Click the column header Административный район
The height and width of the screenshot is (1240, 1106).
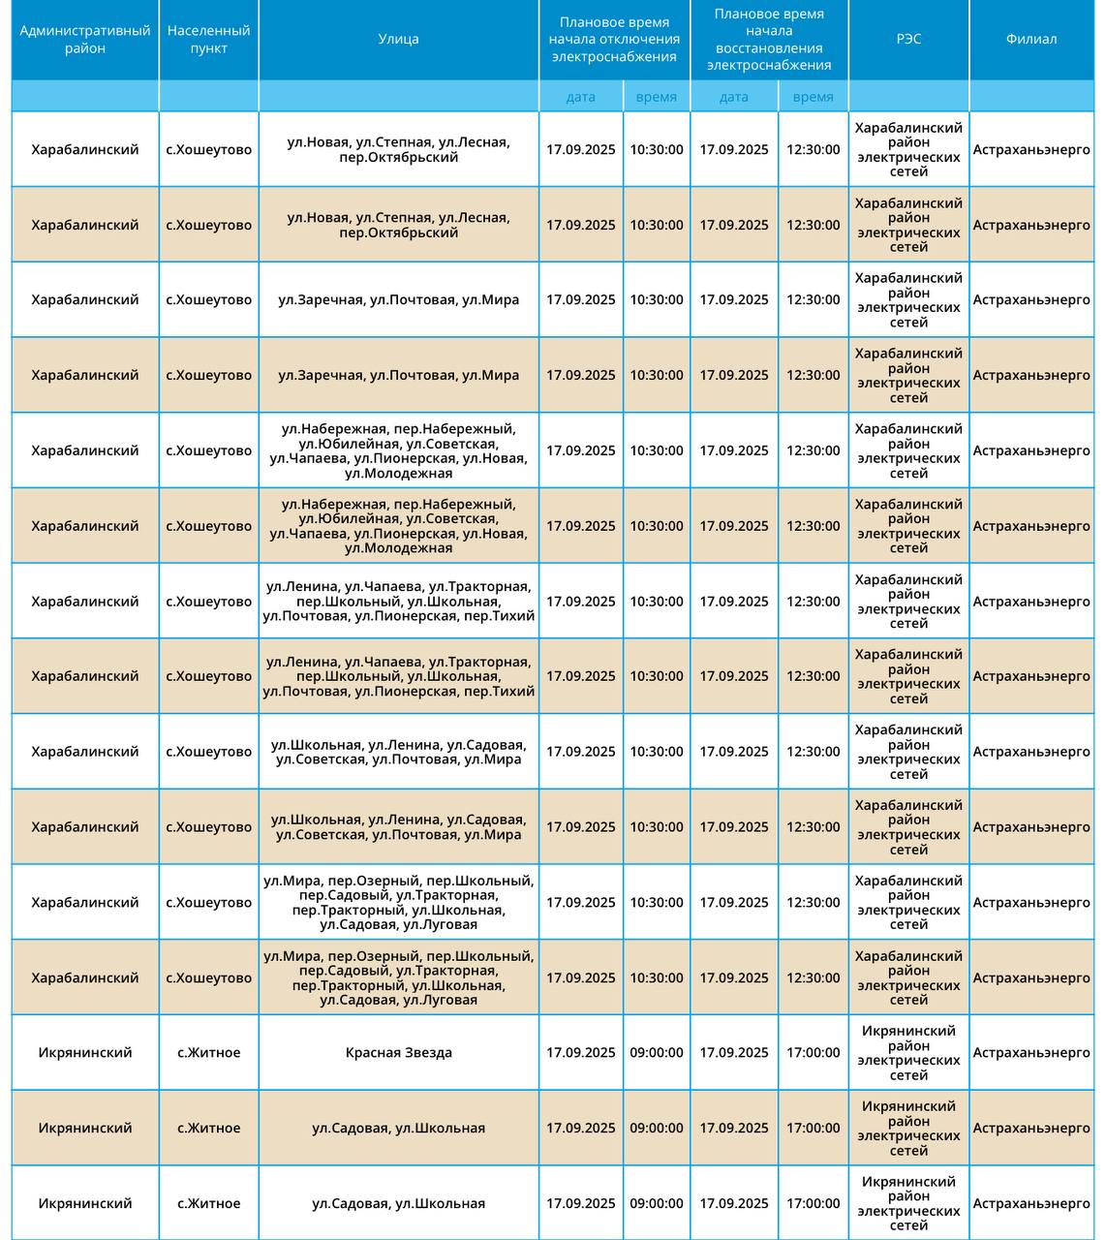pyautogui.click(x=85, y=40)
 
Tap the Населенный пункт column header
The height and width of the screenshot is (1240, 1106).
pyautogui.click(x=208, y=40)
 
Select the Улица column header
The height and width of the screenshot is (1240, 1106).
pyautogui.click(x=398, y=40)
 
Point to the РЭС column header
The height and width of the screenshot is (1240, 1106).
pyautogui.click(x=908, y=40)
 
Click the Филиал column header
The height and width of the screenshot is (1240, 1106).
pyautogui.click(x=1030, y=40)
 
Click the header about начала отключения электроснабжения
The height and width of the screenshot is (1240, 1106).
pyautogui.click(x=614, y=40)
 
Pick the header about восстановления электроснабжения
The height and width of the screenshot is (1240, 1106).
pyautogui.click(x=769, y=40)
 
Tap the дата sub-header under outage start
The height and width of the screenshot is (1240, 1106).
pyautogui.click(x=580, y=97)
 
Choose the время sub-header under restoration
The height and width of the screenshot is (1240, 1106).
pyautogui.click(x=813, y=97)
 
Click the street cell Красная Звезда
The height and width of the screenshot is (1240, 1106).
pyautogui.click(x=398, y=1053)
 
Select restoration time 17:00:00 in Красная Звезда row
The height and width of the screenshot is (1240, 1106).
pyautogui.click(x=813, y=1053)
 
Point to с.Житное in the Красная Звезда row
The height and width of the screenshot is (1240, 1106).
pyautogui.click(x=208, y=1053)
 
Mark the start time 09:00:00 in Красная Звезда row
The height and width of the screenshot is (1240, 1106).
pyautogui.click(x=656, y=1053)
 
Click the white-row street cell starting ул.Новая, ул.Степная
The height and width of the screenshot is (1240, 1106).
pyautogui.click(x=398, y=149)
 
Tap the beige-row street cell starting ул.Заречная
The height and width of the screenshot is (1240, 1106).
pyautogui.click(x=398, y=375)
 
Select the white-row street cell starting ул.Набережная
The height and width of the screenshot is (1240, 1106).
pyautogui.click(x=398, y=450)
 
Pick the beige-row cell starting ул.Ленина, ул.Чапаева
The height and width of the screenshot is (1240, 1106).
pyautogui.click(x=398, y=676)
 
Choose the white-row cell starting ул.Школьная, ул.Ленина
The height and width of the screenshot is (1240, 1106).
pyautogui.click(x=398, y=752)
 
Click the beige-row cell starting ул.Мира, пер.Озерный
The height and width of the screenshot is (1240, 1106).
pyautogui.click(x=398, y=977)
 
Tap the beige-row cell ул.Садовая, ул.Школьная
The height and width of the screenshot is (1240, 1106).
pyautogui.click(x=398, y=1128)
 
